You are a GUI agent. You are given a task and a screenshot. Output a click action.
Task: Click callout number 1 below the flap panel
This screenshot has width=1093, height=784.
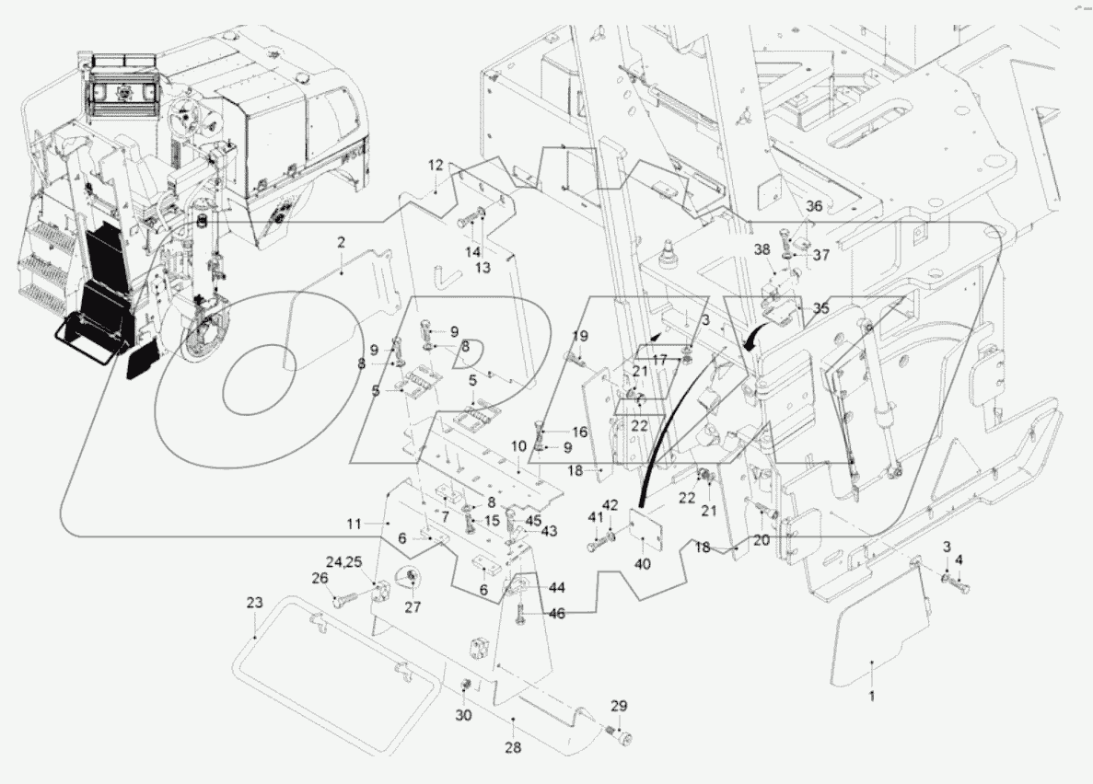871,696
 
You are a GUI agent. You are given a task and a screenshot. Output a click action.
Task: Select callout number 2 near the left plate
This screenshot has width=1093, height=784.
341,242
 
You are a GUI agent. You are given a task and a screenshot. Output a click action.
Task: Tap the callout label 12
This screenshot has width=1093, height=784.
435,166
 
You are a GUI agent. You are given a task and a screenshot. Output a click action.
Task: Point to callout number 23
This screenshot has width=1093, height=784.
254,604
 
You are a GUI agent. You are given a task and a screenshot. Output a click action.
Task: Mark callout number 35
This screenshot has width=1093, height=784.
820,309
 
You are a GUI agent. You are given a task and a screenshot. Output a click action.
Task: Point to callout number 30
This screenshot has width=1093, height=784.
462,716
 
